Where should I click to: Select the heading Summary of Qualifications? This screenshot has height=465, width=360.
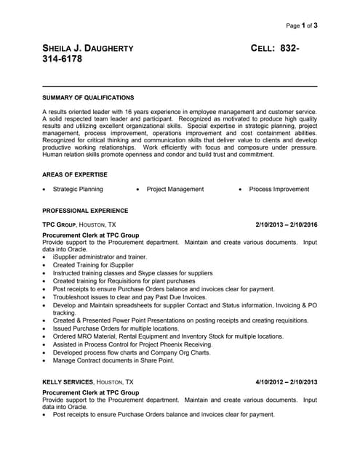(88, 97)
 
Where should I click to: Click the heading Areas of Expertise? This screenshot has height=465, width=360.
(75, 174)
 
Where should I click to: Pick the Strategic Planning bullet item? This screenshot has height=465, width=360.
(78, 190)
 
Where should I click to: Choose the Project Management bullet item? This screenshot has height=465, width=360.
(175, 190)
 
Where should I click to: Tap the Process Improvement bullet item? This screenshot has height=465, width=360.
(279, 190)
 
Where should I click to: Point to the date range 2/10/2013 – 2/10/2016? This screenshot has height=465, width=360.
(287, 225)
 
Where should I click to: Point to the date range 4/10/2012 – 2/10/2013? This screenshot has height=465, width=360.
(287, 381)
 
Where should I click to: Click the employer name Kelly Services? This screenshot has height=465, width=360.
(68, 381)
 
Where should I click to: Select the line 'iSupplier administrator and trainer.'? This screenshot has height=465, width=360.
(100, 256)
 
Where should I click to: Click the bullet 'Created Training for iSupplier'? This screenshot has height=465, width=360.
(94, 265)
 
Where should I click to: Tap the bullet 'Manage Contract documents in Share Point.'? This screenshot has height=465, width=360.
(113, 360)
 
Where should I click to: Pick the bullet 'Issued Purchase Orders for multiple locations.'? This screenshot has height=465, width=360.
(116, 328)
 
